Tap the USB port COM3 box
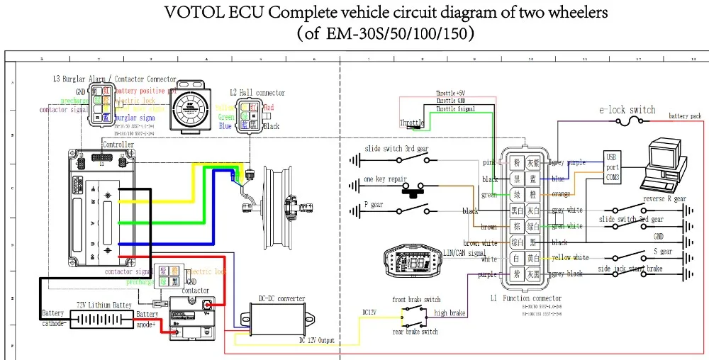pyautogui.click(x=612, y=167)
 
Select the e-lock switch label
pyautogui.click(x=627, y=110)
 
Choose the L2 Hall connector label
pyautogui.click(x=257, y=93)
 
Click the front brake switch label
pyautogui.click(x=416, y=300)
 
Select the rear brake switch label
pyautogui.click(x=415, y=332)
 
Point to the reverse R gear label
pyautogui.click(x=664, y=199)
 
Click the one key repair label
pyautogui.click(x=383, y=179)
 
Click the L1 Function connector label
pyautogui.click(x=525, y=299)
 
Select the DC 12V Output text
pyautogui.click(x=316, y=341)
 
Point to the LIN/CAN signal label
pyautogui.click(x=464, y=253)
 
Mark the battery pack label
pyautogui.click(x=684, y=116)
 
